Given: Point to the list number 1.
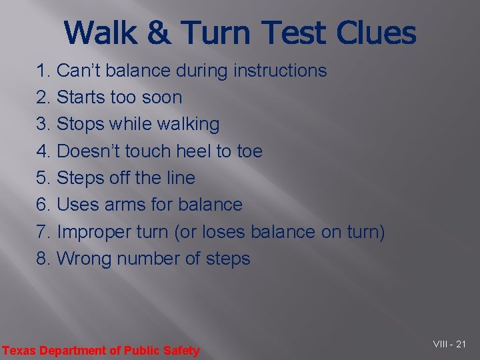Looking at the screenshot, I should point(43,71).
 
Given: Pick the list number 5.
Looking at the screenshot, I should point(43,178).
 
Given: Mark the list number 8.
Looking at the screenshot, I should point(43,259).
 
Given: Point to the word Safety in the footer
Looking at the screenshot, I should point(183,351).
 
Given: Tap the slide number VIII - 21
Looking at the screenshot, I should point(449,344).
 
